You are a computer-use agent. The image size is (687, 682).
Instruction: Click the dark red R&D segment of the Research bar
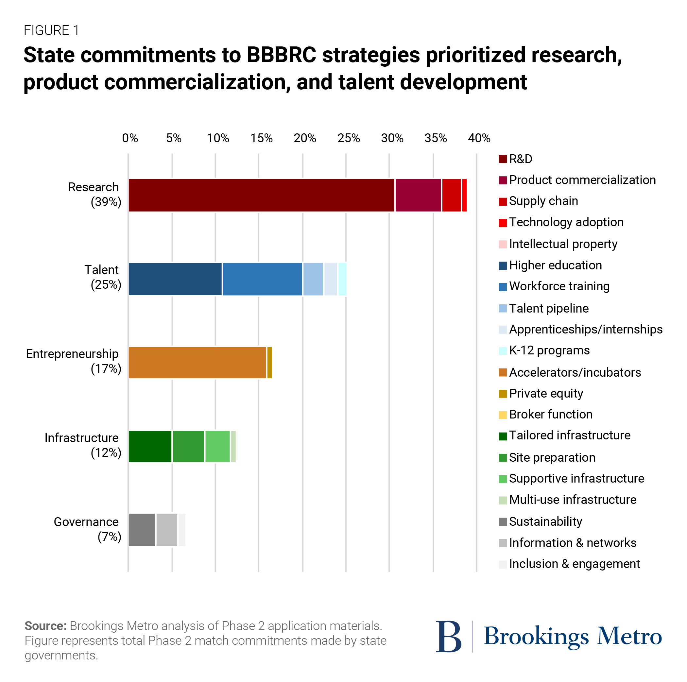pos(261,195)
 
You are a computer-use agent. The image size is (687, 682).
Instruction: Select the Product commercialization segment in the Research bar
pos(418,195)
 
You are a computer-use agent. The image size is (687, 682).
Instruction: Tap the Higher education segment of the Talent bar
pos(175,279)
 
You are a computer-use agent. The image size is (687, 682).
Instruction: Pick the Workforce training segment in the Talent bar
pos(263,279)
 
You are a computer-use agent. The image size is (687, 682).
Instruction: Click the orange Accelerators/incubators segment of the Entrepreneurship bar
pos(197,362)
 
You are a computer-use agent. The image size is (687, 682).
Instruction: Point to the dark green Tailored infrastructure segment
pos(150,446)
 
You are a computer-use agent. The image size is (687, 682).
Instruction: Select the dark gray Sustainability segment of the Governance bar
pos(142,530)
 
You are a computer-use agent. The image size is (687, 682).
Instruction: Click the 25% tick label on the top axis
pos(349,138)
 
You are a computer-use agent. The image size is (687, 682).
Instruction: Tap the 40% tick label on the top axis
pos(479,138)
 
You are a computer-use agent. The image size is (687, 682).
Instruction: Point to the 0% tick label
pos(130,138)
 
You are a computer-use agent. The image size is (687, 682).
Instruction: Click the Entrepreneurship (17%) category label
pos(73,361)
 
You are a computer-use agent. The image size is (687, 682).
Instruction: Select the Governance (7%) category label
pos(87,529)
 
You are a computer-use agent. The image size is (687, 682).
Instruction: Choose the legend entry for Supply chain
pos(543,201)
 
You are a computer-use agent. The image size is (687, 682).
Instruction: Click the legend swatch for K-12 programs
pos(503,350)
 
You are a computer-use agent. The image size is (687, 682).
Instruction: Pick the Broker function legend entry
pos(550,414)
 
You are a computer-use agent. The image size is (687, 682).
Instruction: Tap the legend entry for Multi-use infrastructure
pos(572,500)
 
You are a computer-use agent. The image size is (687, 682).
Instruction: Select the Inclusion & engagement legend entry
pos(574,564)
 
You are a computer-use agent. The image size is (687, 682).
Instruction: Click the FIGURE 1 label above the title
pos(51,31)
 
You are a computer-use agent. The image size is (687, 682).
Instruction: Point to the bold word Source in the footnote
pos(45,626)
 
